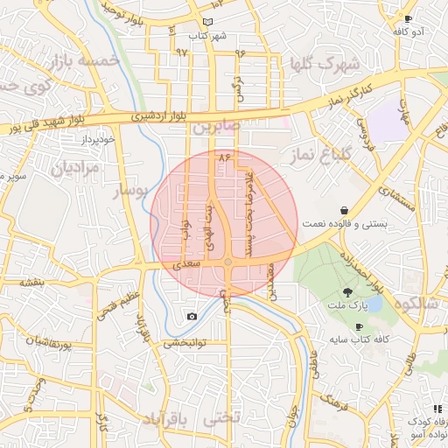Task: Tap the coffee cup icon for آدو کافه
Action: click(x=407, y=18)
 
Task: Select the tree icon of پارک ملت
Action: click(x=349, y=292)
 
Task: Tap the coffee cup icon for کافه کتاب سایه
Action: click(x=359, y=326)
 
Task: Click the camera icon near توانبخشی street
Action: click(x=192, y=316)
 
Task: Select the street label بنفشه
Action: click(x=32, y=282)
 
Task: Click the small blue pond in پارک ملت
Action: click(x=373, y=304)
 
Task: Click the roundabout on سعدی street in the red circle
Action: click(x=227, y=262)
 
